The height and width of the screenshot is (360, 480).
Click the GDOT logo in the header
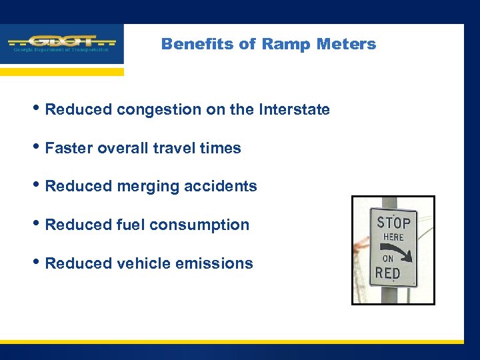tap(61, 43)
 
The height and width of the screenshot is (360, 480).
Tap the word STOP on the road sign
tap(393, 222)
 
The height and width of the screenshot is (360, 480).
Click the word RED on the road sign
tap(388, 272)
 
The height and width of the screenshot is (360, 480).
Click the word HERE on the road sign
tap(393, 237)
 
